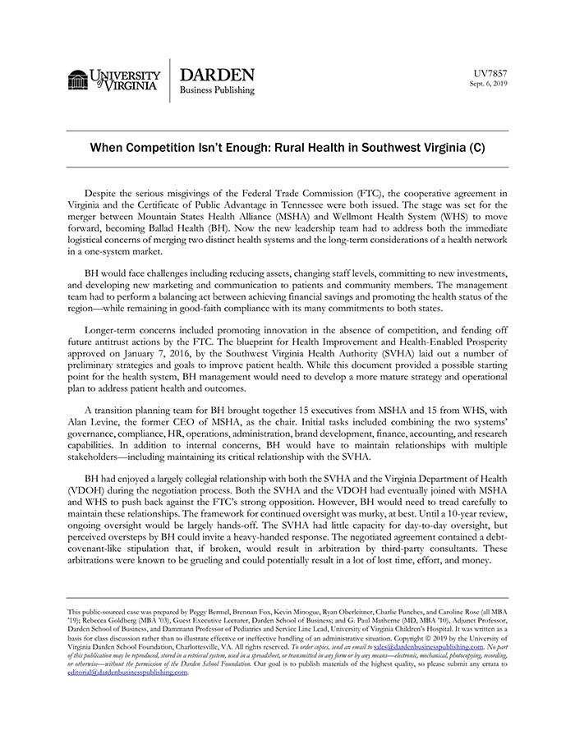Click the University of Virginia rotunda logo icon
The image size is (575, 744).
(78, 80)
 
